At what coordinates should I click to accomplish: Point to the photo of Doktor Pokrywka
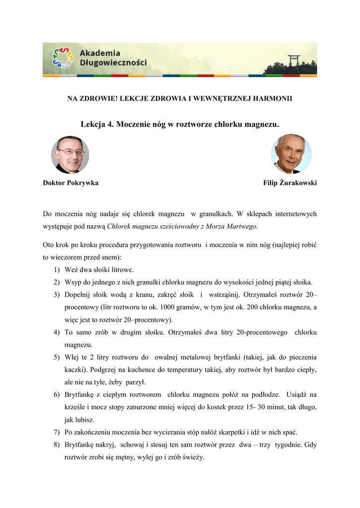(70, 155)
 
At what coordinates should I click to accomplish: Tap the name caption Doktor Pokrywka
(71, 183)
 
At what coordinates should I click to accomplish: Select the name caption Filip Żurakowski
(290, 183)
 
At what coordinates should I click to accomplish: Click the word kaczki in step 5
(74, 370)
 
